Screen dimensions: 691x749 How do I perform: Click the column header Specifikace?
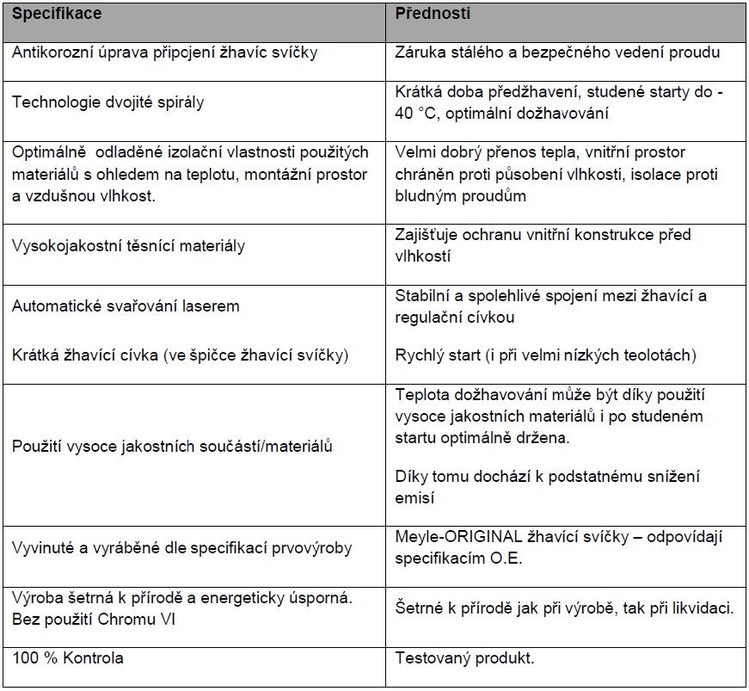(57, 15)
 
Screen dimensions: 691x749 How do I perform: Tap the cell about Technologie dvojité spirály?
(107, 102)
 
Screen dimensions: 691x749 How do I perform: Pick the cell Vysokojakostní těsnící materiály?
(128, 246)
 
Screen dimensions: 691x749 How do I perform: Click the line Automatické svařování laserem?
(126, 306)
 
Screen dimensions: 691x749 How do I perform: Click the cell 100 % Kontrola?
(68, 658)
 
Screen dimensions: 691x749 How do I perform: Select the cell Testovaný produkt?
(464, 659)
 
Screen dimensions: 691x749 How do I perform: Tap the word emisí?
(414, 497)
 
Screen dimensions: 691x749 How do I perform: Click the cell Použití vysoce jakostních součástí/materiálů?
(172, 447)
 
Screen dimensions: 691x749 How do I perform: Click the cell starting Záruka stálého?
(557, 52)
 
